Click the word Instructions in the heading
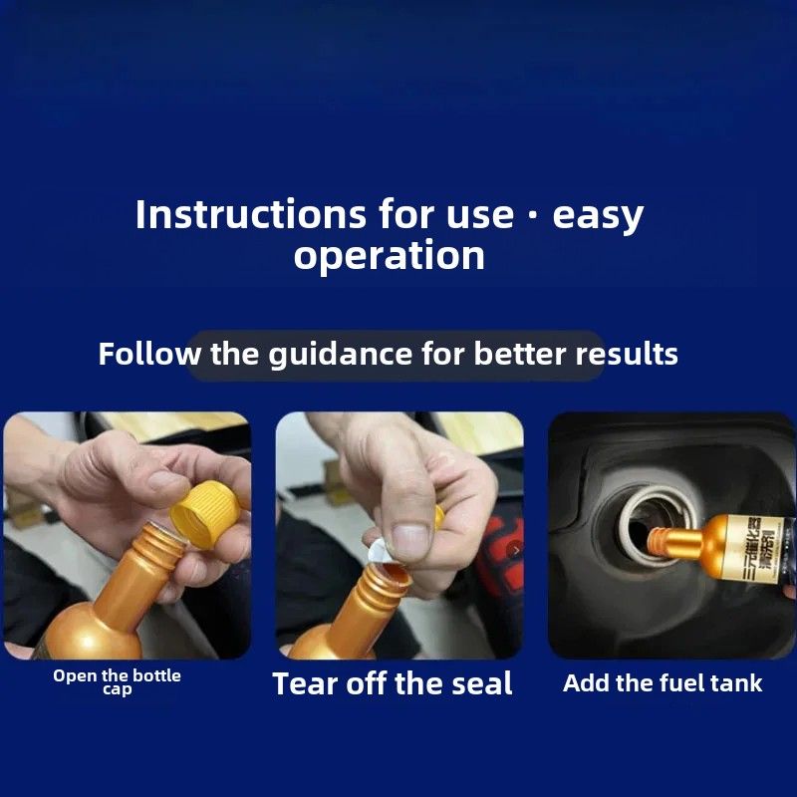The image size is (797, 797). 250,214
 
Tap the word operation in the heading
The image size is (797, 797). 390,256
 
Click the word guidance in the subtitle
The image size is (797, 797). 340,354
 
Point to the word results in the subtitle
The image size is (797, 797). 627,354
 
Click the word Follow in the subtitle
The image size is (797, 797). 149,354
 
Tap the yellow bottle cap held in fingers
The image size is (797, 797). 205,513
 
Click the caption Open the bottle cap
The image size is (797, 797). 117,681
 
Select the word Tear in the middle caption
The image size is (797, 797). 304,683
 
